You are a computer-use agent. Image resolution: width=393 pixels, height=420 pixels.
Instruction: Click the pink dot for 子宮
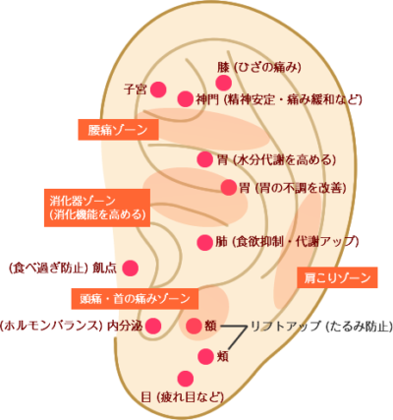158,90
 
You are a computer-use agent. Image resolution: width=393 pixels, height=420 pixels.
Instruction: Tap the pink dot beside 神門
186,98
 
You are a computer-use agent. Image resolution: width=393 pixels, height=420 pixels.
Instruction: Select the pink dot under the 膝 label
224,83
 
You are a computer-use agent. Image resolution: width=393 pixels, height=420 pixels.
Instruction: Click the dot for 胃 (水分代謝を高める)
205,159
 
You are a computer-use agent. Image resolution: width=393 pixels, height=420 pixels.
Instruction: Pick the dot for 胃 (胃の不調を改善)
229,188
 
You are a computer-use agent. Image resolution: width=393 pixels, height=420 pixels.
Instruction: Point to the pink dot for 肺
205,243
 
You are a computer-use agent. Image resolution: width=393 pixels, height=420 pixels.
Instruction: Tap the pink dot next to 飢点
131,269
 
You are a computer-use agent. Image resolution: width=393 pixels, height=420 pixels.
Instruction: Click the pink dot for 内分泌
153,326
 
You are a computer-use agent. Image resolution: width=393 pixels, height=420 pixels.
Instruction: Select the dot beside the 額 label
194,326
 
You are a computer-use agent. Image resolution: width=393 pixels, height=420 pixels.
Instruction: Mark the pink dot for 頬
205,356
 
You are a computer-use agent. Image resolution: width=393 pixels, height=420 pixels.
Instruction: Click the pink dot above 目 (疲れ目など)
186,379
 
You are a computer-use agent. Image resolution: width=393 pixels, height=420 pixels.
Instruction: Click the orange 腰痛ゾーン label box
118,130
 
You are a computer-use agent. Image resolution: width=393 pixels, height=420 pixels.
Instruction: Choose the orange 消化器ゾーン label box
97,208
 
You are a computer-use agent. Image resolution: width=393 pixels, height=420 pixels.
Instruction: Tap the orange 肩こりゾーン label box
337,277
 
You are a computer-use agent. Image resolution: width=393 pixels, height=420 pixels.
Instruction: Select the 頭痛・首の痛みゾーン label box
135,299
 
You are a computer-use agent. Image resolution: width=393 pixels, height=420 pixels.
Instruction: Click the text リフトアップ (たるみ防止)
321,327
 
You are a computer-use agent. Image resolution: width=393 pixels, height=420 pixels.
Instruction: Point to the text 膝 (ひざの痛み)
259,68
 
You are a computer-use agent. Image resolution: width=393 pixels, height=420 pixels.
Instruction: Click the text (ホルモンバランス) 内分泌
72,326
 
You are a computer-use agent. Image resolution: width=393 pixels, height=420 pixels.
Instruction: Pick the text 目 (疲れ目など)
182,397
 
